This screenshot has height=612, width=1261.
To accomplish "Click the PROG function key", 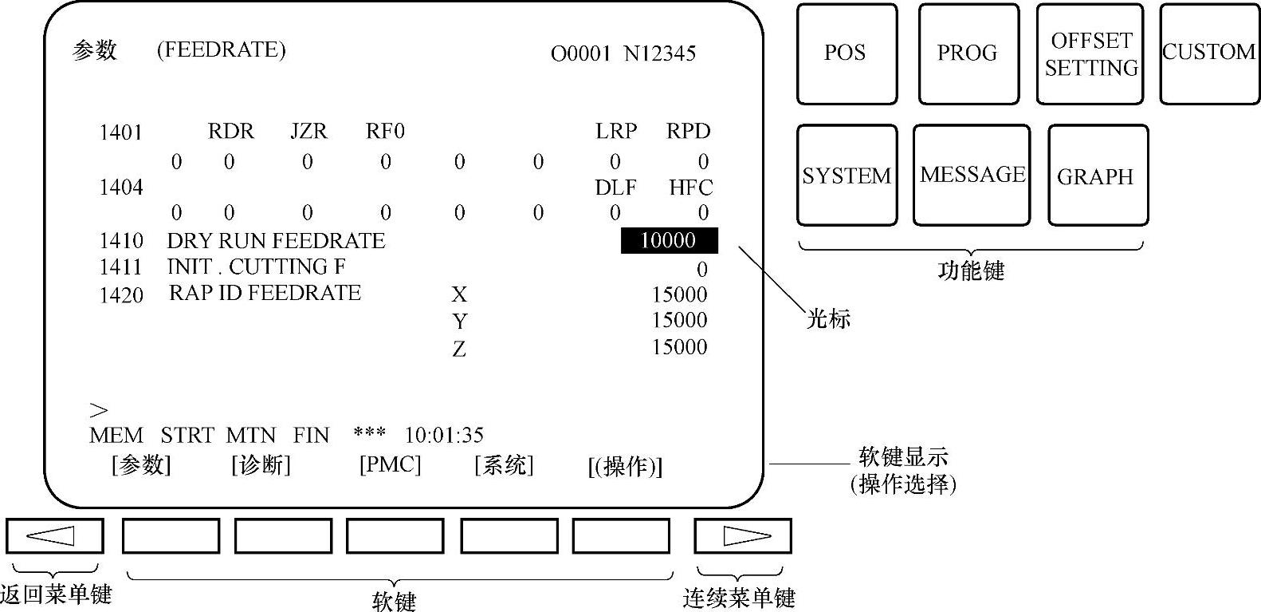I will click(x=968, y=53).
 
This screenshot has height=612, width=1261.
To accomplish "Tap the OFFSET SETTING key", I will click(x=1090, y=53).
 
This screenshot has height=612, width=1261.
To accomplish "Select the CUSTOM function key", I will click(x=1209, y=53).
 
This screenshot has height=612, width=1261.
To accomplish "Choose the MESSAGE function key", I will click(x=972, y=175).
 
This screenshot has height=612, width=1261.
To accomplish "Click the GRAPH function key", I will click(x=1097, y=175).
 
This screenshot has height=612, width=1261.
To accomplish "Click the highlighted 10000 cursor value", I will click(x=669, y=240).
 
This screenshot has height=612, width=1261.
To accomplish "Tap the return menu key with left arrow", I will click(x=54, y=535).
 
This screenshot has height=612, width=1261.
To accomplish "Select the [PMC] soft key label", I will click(x=390, y=464).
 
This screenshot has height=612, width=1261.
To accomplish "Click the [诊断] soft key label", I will click(x=261, y=464).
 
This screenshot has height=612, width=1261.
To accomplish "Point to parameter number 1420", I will click(x=121, y=295).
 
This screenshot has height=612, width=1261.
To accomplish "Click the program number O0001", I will click(x=580, y=54).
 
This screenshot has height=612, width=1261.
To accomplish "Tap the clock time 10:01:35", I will click(x=444, y=436).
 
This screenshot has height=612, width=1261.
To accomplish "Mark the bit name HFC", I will click(x=690, y=188).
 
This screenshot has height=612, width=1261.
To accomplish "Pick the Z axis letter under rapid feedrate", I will click(x=459, y=349).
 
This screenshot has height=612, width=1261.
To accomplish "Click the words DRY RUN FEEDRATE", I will click(x=276, y=241).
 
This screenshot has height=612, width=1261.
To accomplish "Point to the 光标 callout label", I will click(x=828, y=319).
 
